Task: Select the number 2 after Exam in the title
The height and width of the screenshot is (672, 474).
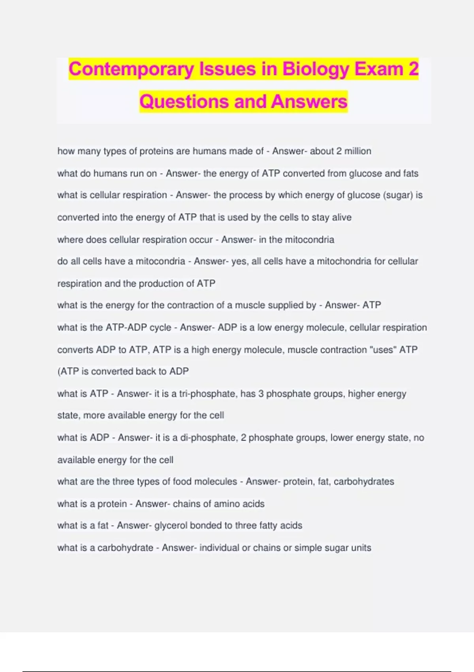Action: click(413, 69)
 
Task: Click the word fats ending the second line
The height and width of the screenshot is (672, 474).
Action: click(411, 173)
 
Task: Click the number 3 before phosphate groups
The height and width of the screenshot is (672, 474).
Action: click(261, 394)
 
